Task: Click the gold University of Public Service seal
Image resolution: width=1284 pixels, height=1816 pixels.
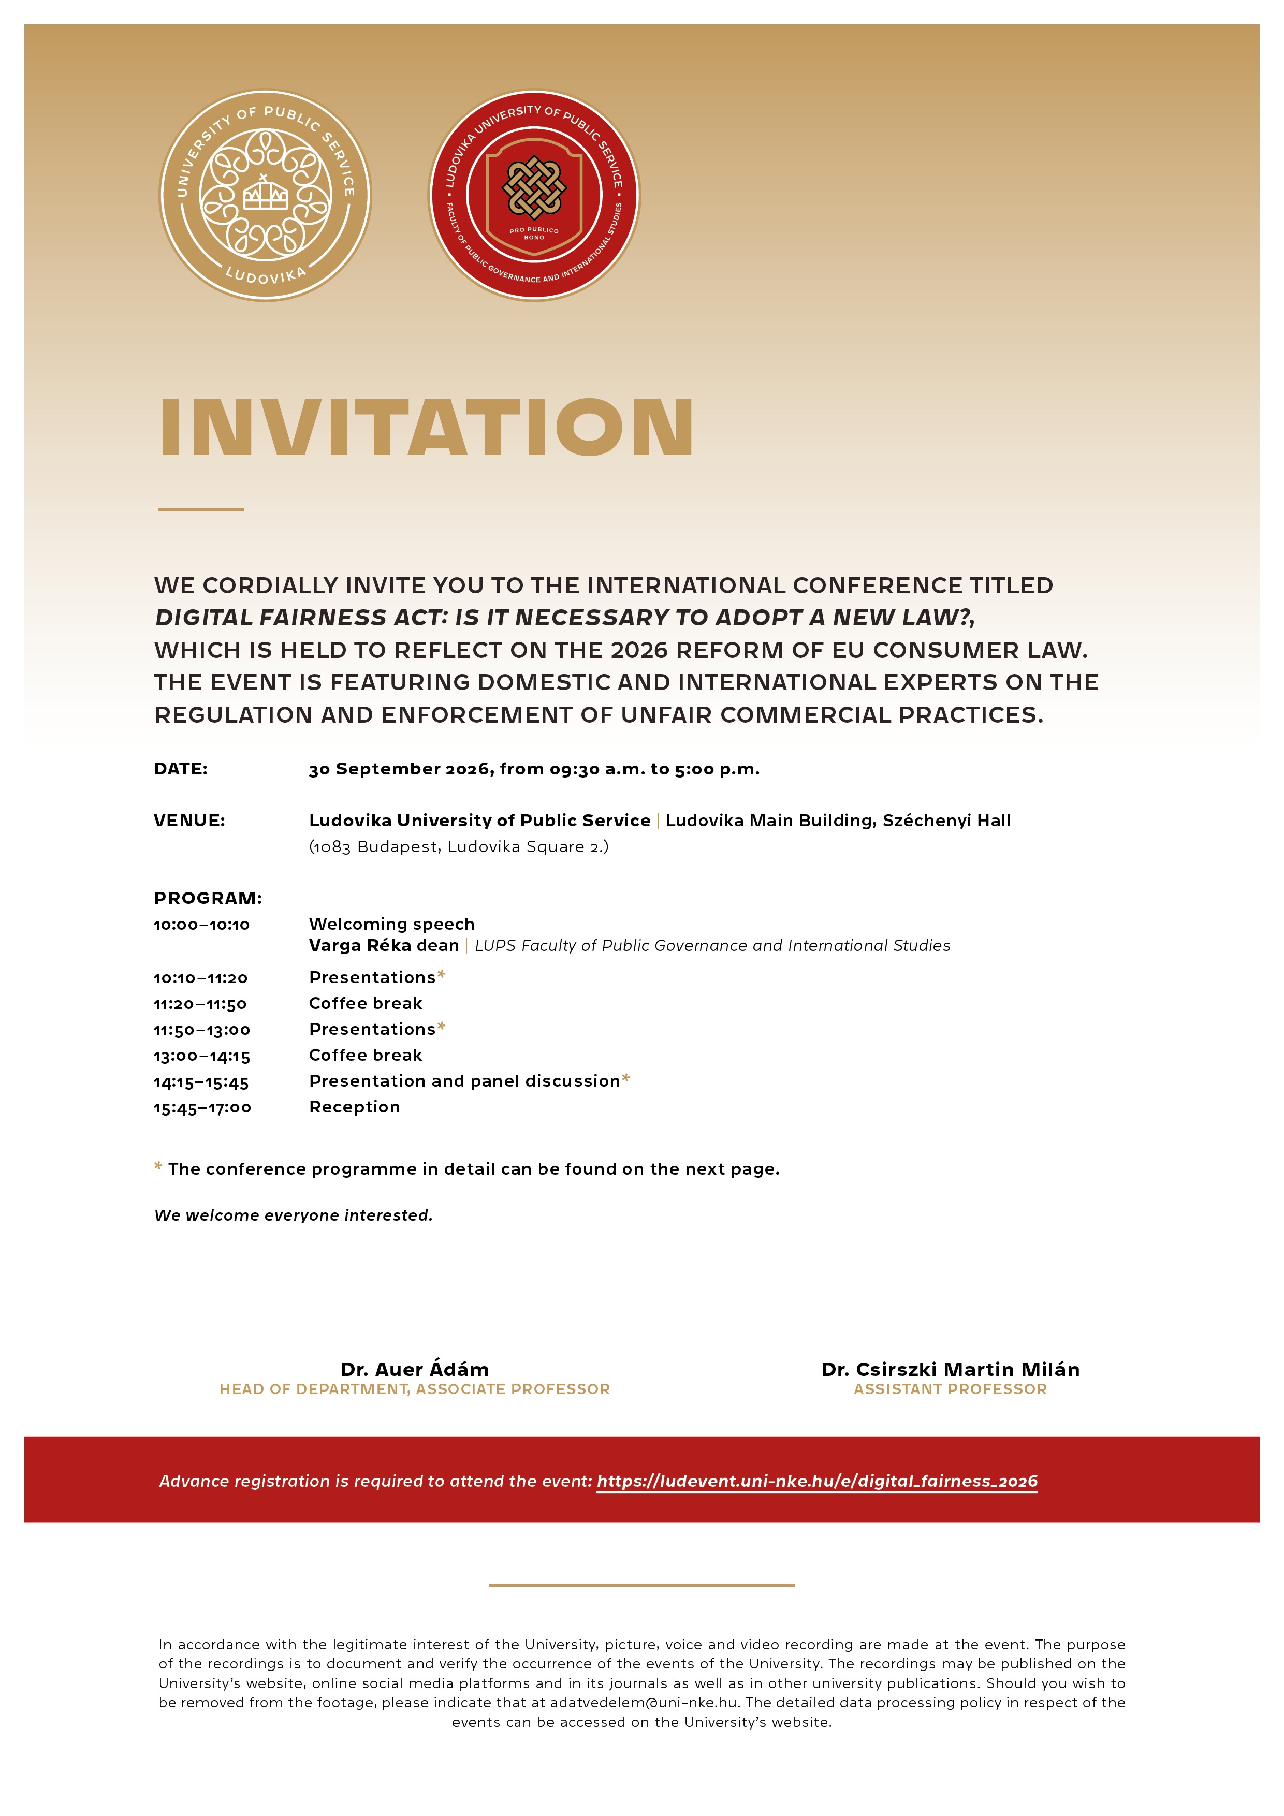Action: (265, 195)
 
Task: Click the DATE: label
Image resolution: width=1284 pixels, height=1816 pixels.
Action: (180, 769)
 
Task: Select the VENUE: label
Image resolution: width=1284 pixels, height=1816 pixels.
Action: (189, 820)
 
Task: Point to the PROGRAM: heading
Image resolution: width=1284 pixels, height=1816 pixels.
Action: (207, 898)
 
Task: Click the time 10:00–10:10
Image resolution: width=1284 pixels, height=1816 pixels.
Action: (202, 925)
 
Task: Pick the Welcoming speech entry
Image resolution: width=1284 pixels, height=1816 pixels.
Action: (391, 924)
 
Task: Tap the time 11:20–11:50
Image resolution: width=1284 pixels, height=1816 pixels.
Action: (200, 1004)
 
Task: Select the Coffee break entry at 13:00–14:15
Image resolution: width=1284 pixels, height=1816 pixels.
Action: (366, 1055)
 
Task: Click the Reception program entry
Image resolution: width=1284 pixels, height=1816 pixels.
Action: (355, 1106)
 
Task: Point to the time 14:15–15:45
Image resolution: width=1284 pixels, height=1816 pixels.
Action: (201, 1082)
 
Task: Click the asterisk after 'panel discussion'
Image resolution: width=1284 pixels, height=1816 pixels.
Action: (626, 1078)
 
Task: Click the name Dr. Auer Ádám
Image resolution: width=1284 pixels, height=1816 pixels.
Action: (415, 1369)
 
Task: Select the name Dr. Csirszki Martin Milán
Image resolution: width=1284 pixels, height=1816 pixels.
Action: (950, 1369)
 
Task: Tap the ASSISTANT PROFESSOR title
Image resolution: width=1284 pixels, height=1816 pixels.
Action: (950, 1389)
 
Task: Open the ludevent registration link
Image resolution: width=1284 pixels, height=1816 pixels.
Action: (816, 1481)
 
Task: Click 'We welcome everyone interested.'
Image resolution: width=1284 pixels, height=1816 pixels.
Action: (294, 1215)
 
